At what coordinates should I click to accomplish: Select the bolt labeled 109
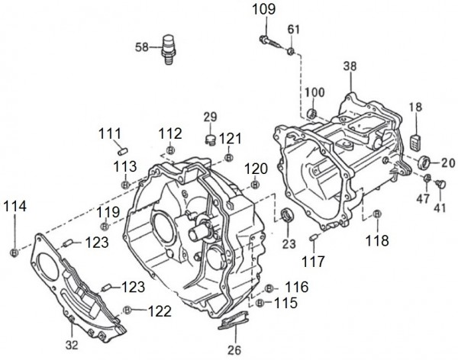coord(267,41)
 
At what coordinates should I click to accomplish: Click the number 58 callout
coord(142,47)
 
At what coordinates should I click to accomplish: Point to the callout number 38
coord(350,66)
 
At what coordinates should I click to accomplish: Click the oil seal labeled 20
coord(425,162)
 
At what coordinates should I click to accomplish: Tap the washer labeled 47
coord(428,178)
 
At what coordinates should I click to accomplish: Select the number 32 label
coord(71,343)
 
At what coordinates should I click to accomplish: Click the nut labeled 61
coord(292,51)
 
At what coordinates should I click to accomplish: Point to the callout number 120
coord(256,168)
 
